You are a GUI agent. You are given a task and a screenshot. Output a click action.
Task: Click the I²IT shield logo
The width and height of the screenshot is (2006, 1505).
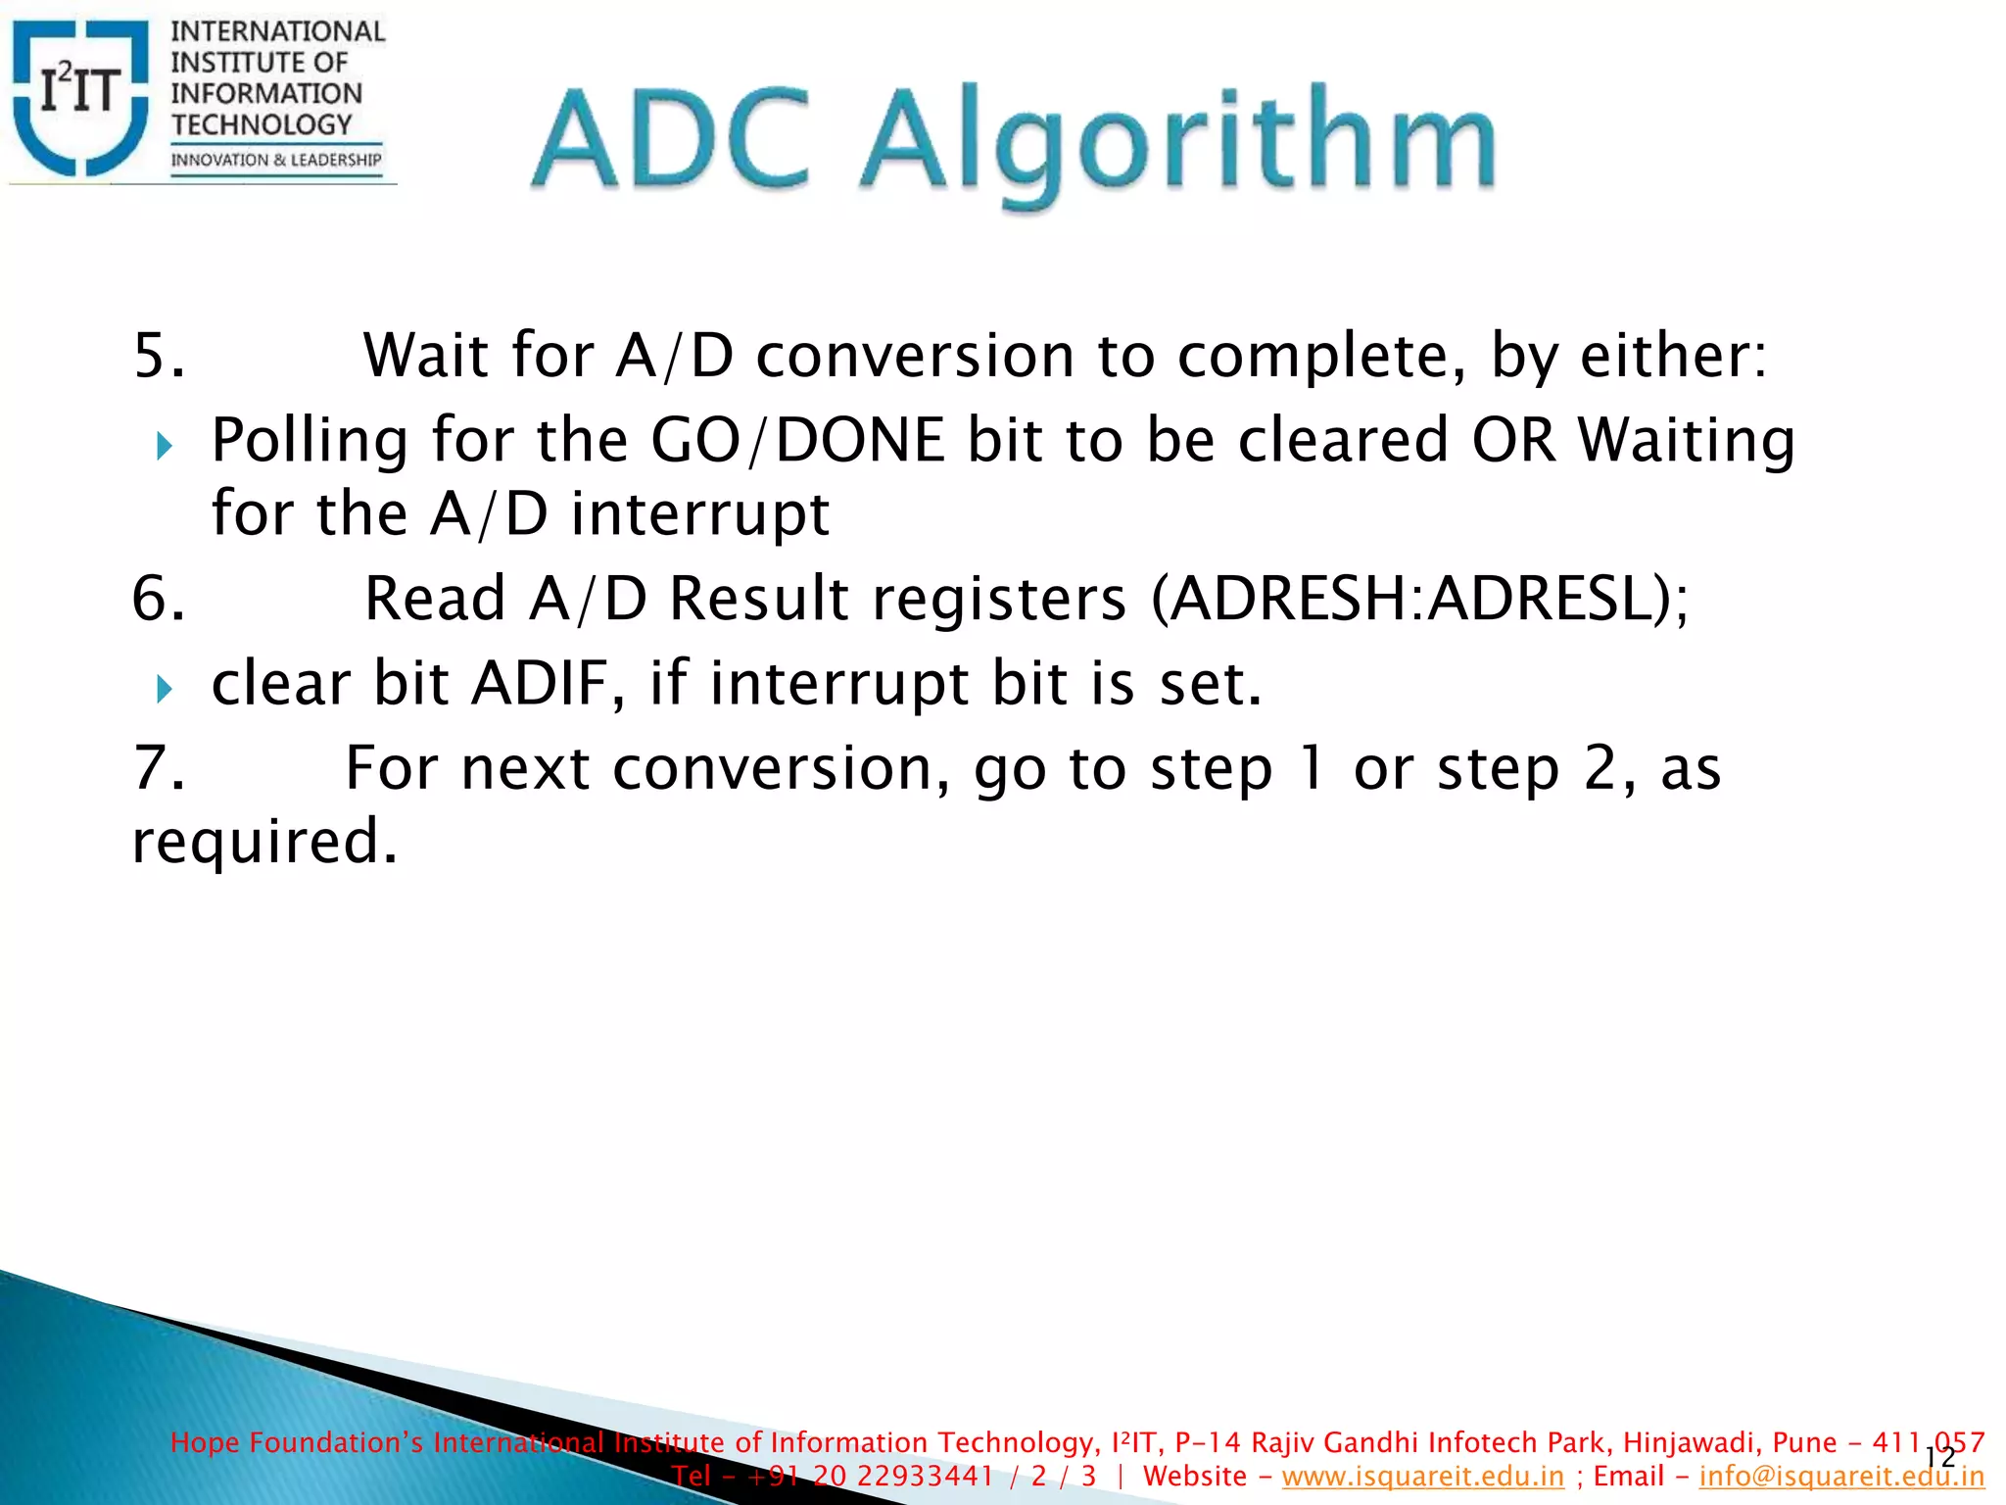80,98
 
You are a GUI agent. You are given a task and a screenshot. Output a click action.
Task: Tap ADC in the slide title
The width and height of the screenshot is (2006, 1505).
674,139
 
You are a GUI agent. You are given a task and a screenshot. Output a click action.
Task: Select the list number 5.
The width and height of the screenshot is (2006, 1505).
158,355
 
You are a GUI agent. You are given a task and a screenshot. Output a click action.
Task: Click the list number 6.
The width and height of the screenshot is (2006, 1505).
158,599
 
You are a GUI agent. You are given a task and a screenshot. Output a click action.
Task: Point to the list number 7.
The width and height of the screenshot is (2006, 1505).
158,768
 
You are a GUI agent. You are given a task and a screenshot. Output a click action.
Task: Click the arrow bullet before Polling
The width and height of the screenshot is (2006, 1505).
165,448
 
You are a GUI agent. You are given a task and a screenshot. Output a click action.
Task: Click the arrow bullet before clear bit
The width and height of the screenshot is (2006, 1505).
165,690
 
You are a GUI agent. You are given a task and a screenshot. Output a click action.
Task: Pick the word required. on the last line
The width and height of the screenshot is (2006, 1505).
264,842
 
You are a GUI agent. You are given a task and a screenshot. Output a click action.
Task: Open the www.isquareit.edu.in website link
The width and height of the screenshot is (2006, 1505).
1422,1476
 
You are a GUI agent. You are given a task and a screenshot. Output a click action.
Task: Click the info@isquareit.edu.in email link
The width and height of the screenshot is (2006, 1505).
1841,1476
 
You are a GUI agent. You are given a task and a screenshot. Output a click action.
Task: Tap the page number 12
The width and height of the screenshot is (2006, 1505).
1939,1458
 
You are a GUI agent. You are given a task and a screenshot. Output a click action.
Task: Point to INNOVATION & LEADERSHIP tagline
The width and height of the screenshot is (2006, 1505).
276,160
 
